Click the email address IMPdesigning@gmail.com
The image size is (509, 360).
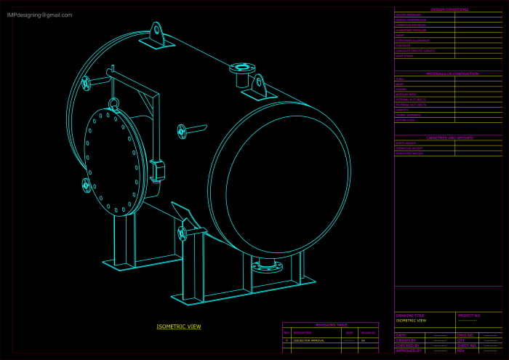point(40,15)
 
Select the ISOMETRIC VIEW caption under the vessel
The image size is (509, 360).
point(179,327)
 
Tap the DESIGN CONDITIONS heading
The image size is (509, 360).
point(449,9)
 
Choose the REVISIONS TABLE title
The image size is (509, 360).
point(331,325)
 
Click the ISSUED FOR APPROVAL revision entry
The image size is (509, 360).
point(309,340)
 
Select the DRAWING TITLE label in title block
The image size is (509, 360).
point(409,316)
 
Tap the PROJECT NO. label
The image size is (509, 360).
point(469,316)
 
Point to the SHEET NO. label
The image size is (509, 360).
point(466,345)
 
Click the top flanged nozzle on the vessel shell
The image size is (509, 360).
point(242,69)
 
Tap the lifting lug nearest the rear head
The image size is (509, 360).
point(156,33)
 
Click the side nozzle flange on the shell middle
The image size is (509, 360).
point(182,131)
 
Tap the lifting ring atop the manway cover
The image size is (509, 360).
point(113,103)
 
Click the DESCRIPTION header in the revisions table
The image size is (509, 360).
point(302,332)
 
